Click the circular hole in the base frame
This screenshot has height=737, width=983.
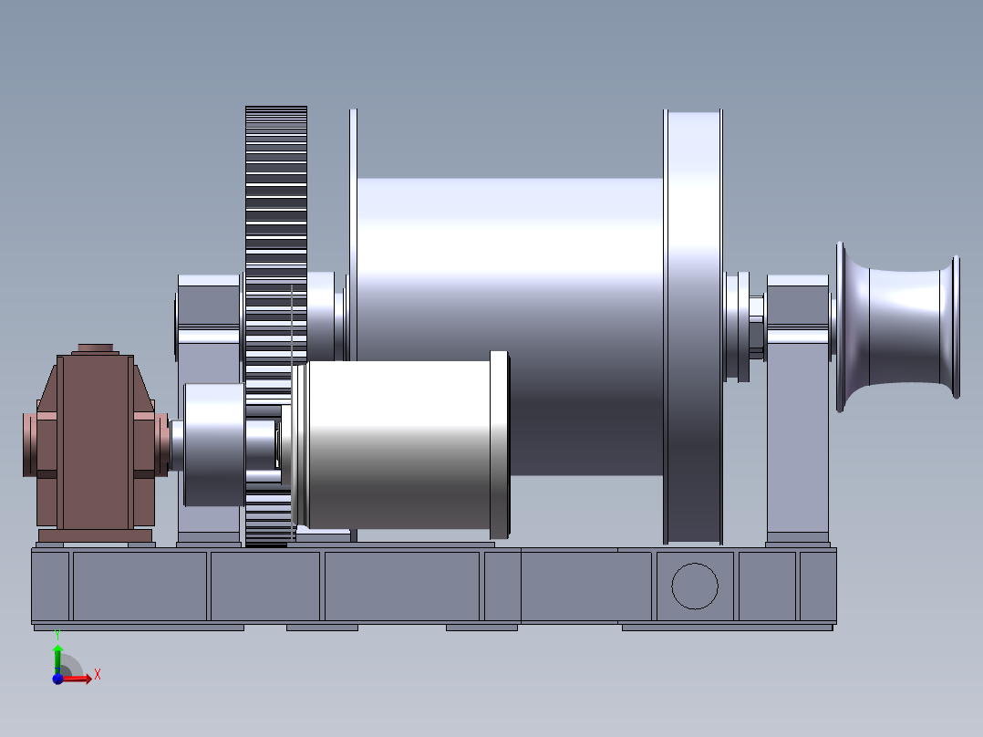(x=695, y=586)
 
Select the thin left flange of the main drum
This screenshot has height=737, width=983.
(x=353, y=228)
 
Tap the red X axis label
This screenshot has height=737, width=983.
(x=98, y=675)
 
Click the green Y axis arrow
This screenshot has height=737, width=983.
(x=57, y=652)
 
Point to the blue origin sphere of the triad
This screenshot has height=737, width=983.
(x=57, y=679)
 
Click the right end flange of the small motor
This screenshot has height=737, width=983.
(x=500, y=444)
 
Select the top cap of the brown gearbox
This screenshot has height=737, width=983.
(x=95, y=348)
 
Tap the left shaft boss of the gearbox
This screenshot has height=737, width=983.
(x=30, y=444)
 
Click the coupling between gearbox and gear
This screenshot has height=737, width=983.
(x=213, y=444)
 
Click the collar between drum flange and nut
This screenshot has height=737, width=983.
(x=736, y=326)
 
